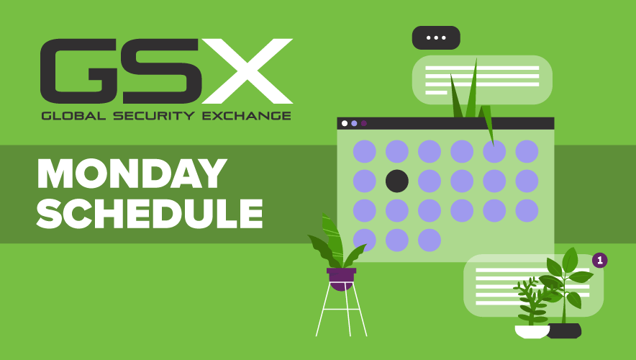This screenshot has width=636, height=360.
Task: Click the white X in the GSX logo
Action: [247, 71]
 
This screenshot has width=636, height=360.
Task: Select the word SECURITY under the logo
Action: [154, 116]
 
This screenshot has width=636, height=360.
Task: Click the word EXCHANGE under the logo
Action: [247, 116]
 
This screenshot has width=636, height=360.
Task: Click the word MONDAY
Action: [132, 174]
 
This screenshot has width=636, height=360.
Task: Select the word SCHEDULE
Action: [150, 213]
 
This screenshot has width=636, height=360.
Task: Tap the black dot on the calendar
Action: [397, 181]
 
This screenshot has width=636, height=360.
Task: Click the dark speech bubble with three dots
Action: [436, 37]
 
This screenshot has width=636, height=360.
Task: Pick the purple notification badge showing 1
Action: [600, 260]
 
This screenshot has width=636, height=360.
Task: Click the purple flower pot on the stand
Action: [342, 279]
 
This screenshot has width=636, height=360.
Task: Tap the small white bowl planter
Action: [532, 332]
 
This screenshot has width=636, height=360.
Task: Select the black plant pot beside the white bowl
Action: [565, 330]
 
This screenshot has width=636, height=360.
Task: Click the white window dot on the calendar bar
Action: [345, 123]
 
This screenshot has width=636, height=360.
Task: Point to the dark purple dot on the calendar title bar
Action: [364, 123]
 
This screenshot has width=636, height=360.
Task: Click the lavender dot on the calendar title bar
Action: [354, 123]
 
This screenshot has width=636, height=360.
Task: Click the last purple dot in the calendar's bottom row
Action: [430, 240]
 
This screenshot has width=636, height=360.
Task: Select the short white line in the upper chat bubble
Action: [436, 93]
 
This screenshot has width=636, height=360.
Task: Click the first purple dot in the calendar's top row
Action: [365, 151]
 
